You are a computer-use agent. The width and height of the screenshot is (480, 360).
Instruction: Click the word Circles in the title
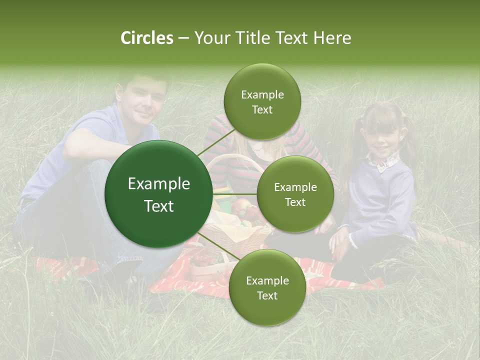pos(146,38)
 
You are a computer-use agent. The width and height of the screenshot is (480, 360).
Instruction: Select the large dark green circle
pos(158,194)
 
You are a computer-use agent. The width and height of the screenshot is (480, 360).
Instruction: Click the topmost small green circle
pos(262,102)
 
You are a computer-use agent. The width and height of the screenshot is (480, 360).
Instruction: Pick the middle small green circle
pos(295,194)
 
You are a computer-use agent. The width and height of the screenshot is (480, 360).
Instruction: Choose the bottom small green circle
pos(267,288)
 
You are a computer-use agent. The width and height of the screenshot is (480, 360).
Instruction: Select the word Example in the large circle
pos(158,184)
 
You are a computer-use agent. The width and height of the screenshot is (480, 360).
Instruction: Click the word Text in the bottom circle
pos(267,295)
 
